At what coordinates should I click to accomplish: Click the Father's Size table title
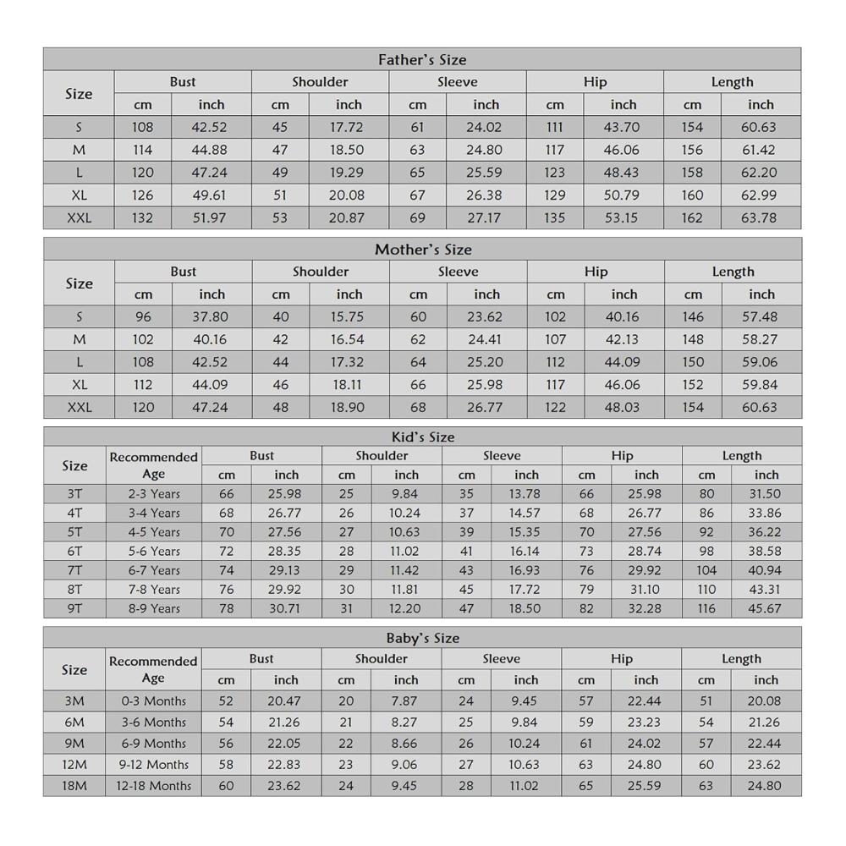tap(422, 60)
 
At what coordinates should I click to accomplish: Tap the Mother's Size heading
tap(423, 250)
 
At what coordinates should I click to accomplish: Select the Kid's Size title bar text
tap(423, 437)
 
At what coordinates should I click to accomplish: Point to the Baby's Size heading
tap(423, 639)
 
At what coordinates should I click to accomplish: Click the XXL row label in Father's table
tap(79, 217)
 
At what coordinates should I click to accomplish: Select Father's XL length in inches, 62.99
tap(761, 195)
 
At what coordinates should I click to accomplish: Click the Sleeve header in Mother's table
tap(459, 272)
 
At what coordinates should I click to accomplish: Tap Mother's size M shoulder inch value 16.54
tap(349, 339)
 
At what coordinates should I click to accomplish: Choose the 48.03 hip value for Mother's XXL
tap(624, 407)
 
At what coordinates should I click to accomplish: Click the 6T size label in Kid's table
tap(74, 551)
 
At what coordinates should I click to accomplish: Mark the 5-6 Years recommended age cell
tap(154, 551)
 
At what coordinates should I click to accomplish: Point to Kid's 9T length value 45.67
tap(766, 608)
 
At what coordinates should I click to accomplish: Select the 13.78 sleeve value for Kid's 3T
tap(526, 494)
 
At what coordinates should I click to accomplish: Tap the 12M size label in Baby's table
tap(74, 764)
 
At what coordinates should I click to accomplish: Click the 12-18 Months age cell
tap(154, 785)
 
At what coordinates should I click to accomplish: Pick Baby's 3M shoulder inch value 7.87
tap(406, 700)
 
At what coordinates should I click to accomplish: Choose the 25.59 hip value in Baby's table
tap(645, 785)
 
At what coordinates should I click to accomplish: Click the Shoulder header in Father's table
tap(320, 82)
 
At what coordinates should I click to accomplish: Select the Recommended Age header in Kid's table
tap(154, 465)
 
